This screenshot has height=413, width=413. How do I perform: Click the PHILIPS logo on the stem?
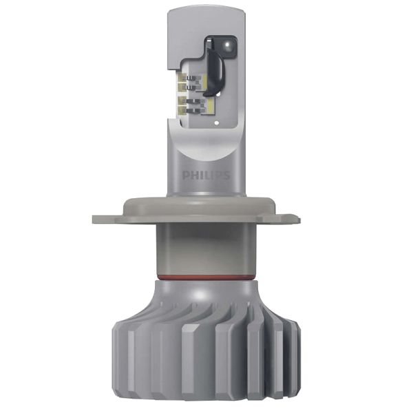coord(206,176)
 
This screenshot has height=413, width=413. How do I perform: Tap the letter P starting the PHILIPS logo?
coord(186,176)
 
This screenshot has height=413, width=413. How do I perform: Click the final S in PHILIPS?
coord(226,176)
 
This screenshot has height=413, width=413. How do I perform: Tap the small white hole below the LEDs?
coord(216,124)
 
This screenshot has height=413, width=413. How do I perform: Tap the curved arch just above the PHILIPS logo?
coord(206,155)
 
